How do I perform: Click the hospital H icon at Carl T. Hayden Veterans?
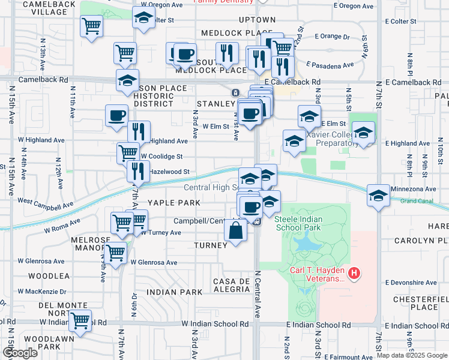click(x=354, y=274)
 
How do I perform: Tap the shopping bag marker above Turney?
click(x=236, y=230)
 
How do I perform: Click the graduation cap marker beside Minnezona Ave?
click(x=378, y=196)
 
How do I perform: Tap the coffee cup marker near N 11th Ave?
click(x=116, y=115)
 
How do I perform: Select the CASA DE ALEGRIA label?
click(x=231, y=285)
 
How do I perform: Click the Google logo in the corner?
click(x=19, y=352)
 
